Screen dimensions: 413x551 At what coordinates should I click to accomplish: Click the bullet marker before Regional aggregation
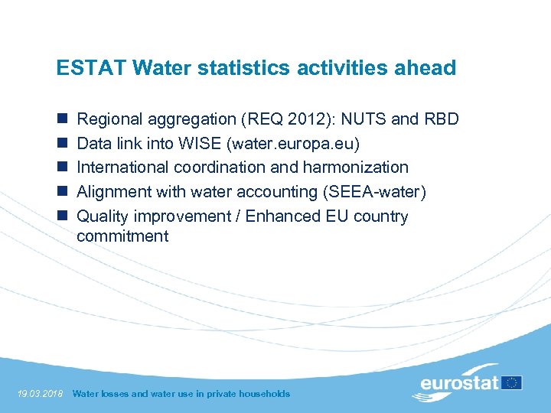coord(61,119)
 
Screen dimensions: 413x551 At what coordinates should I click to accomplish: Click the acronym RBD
coord(443,119)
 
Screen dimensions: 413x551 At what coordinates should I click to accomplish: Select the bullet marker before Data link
coord(61,144)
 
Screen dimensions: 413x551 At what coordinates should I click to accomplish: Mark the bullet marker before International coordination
coord(61,167)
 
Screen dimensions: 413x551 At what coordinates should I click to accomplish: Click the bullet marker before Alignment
coord(61,192)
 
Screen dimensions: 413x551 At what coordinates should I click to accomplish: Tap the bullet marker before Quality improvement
coord(61,216)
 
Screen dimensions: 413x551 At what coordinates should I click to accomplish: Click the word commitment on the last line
coord(122,236)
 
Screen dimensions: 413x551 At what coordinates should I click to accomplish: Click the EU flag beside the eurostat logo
coord(513,382)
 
